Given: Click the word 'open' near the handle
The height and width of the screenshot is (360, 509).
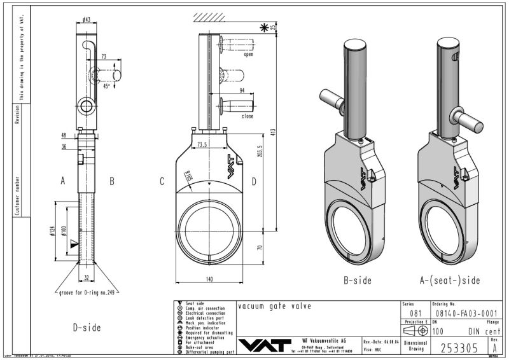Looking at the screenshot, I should pyautogui.click(x=248, y=55).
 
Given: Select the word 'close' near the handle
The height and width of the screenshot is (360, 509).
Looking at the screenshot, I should pyautogui.click(x=247, y=116).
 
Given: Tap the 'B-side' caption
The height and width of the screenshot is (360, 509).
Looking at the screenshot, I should pyautogui.click(x=356, y=279).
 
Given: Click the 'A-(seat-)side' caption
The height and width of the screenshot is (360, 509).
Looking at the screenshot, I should pyautogui.click(x=449, y=279).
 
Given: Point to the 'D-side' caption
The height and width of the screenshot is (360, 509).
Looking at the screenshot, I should pyautogui.click(x=86, y=328).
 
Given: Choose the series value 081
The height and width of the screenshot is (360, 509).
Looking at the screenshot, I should pyautogui.click(x=415, y=313).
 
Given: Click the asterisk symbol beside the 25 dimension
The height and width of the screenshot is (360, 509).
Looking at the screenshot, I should pyautogui.click(x=264, y=27).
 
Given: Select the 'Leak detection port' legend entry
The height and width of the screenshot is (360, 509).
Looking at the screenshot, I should pyautogui.click(x=204, y=318).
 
